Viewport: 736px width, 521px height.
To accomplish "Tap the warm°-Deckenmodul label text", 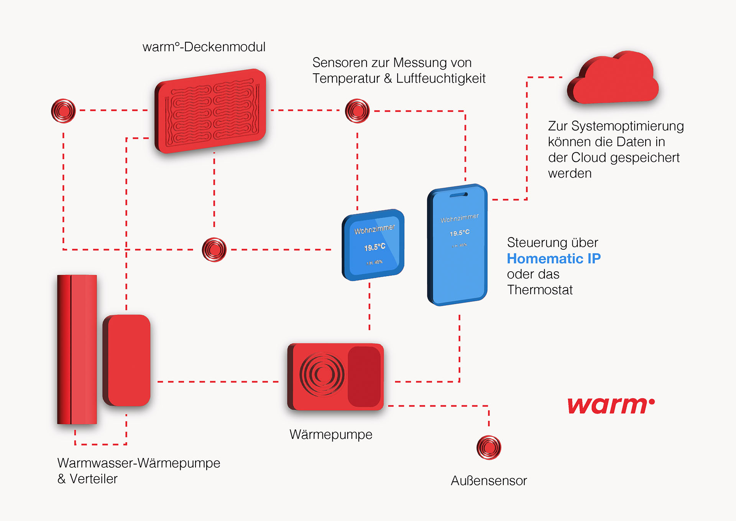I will (x=204, y=47).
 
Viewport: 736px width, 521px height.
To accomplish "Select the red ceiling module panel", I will (x=210, y=111).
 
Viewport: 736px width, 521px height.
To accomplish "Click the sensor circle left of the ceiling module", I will (x=63, y=111).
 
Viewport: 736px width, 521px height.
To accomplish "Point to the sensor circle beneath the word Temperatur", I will (x=357, y=111).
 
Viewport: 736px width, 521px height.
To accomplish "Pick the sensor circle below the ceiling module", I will (x=214, y=250).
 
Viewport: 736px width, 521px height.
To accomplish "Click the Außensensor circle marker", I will (x=489, y=447).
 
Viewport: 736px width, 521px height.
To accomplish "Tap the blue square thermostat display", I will (x=373, y=245).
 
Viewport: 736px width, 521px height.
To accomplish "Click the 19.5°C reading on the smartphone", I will (x=460, y=233).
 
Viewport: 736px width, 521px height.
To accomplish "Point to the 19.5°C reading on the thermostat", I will (x=375, y=247).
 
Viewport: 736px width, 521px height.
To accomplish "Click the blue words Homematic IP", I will (x=554, y=259).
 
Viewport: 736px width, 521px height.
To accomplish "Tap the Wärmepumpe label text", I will (x=331, y=434).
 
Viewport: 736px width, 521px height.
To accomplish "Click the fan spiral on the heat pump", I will (x=322, y=374).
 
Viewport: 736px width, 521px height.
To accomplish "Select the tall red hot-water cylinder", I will (x=77, y=349).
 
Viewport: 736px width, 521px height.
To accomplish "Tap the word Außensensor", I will (x=489, y=480).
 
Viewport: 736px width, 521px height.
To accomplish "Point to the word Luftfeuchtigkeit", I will (x=441, y=78).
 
